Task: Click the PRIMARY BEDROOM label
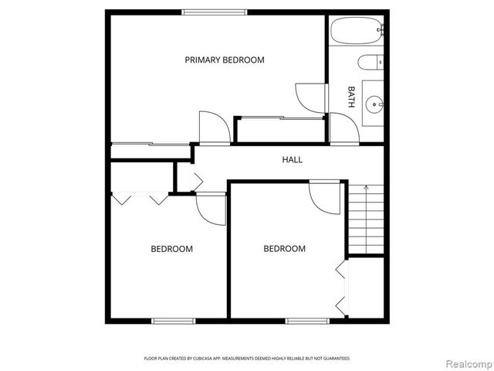click(x=225, y=60)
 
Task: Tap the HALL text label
click(x=292, y=160)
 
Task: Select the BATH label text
click(x=352, y=96)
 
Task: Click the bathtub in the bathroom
click(x=357, y=32)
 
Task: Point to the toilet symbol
click(x=367, y=63)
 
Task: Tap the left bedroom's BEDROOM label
click(x=171, y=249)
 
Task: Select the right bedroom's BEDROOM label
click(x=285, y=249)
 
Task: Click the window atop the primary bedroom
click(x=215, y=12)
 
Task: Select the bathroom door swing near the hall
click(x=341, y=128)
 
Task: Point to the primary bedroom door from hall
click(x=213, y=128)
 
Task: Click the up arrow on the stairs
click(x=365, y=188)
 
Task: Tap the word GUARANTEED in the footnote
click(x=334, y=359)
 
